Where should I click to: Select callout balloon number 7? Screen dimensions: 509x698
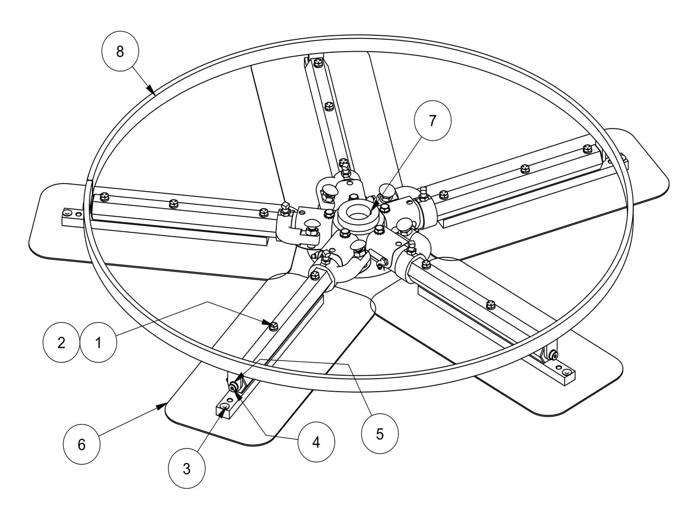point(432,121)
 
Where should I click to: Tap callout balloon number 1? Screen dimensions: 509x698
point(99,343)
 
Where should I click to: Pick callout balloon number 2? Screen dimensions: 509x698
point(61,343)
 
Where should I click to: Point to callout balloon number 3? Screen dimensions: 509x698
point(187,468)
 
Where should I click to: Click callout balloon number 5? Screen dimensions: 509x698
point(380,434)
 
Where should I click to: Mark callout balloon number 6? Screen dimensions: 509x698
point(82,444)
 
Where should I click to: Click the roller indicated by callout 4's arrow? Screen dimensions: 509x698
point(234,386)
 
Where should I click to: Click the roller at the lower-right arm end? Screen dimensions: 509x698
point(555,356)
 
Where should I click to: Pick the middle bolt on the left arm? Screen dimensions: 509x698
point(171,204)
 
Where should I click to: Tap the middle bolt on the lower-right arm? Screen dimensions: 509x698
point(491,303)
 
